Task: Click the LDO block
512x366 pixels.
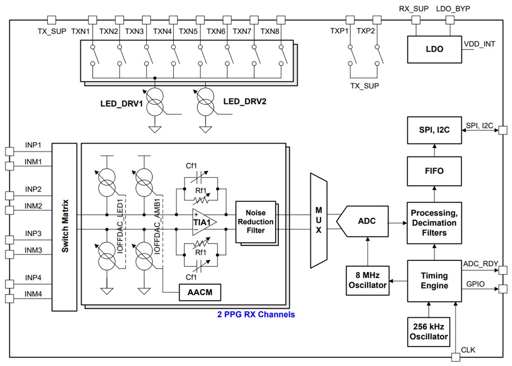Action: tap(434, 49)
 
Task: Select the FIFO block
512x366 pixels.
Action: tap(434, 171)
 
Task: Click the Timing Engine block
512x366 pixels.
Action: tap(434, 281)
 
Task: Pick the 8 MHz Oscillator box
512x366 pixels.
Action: tap(368, 280)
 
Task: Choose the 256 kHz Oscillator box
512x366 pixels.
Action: tap(429, 331)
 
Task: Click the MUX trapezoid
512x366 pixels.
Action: tap(318, 220)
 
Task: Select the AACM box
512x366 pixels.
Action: tap(200, 292)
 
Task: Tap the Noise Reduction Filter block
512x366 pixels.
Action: tap(255, 222)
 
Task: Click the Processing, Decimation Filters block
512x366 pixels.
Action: tap(434, 223)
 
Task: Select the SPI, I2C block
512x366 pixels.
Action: tap(434, 130)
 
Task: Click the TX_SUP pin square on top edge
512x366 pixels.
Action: tap(52, 20)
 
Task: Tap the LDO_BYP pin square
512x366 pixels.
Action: tap(450, 20)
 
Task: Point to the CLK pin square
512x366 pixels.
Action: tap(455, 357)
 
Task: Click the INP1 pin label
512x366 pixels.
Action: tap(33, 145)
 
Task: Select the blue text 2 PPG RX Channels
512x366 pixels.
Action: tap(256, 314)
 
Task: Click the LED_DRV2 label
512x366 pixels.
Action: tap(244, 102)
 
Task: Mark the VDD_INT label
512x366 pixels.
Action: tap(479, 44)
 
